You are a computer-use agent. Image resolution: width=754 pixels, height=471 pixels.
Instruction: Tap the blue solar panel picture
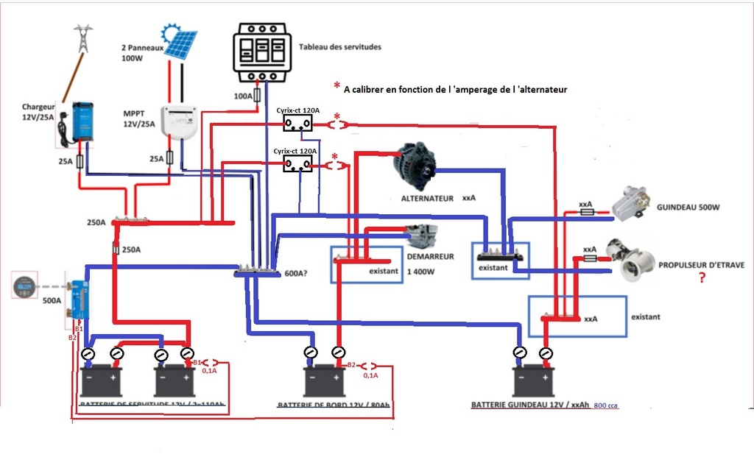(180, 44)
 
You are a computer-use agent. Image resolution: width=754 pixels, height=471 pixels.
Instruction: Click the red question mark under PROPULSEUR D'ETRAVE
(702, 279)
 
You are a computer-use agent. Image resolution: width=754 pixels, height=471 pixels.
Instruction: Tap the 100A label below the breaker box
(243, 96)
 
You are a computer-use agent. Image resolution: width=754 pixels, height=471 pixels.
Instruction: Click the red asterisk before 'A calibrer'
(337, 87)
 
